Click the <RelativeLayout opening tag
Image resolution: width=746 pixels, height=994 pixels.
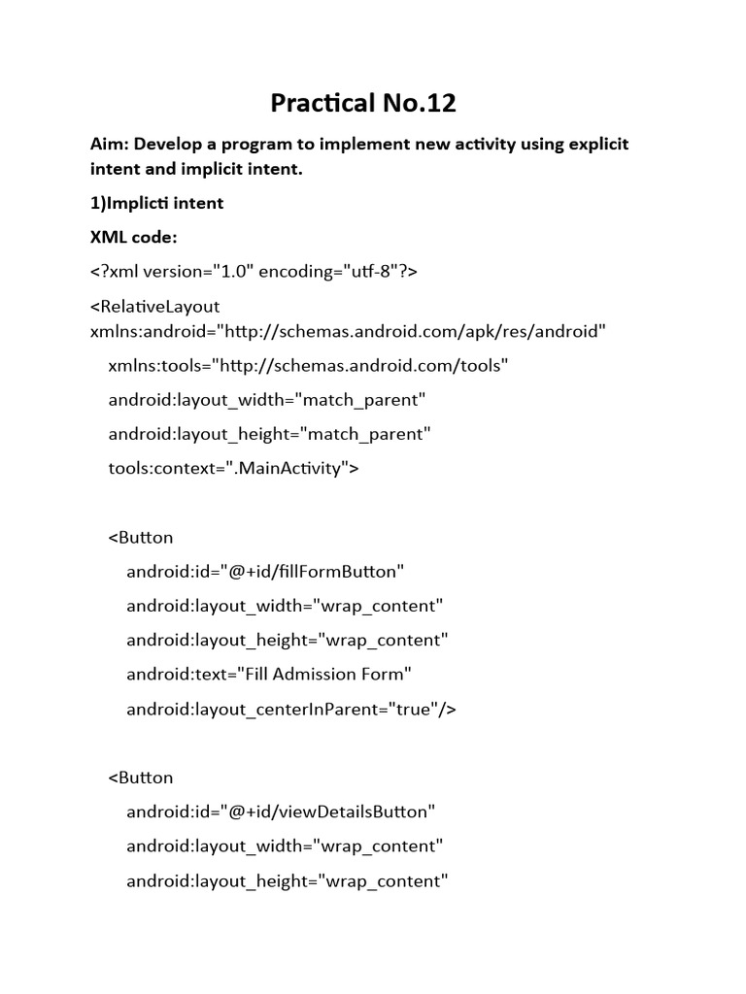tap(155, 307)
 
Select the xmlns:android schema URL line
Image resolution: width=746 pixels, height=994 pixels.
tap(348, 331)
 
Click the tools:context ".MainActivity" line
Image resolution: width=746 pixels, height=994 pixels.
tap(233, 469)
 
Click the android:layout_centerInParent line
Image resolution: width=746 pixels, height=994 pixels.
tap(290, 710)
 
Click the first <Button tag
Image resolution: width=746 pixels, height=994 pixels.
tap(141, 537)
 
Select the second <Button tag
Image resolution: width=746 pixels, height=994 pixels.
tap(141, 778)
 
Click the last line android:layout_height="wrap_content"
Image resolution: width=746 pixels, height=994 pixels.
tap(287, 881)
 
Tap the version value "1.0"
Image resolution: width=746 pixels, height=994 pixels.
tap(228, 273)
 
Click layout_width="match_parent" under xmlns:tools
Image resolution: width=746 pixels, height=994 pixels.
tap(267, 400)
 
